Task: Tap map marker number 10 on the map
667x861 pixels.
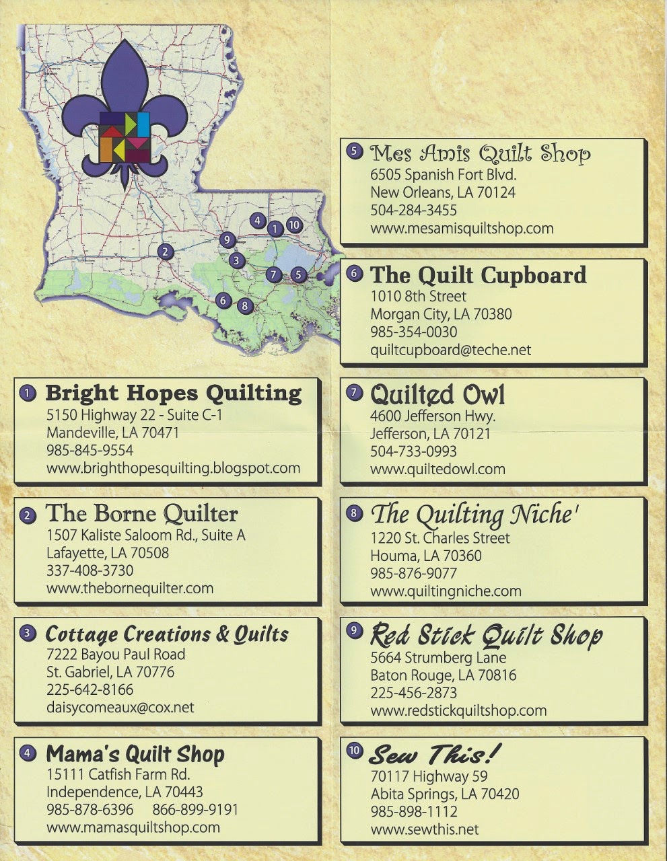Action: tap(293, 225)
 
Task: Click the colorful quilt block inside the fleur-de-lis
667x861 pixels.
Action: tap(125, 138)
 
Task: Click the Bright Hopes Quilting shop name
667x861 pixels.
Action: tap(173, 393)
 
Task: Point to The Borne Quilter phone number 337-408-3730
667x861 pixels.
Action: tap(90, 570)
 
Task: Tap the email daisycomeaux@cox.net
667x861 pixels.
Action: tap(120, 707)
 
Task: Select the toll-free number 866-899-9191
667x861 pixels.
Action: tap(195, 809)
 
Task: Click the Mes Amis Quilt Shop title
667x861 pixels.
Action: tap(480, 153)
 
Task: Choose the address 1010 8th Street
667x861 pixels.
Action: tap(418, 296)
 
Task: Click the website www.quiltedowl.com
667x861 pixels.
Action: tap(437, 469)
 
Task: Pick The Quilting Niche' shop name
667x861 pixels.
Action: tap(475, 515)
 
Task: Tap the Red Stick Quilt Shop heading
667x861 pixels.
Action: tap(486, 635)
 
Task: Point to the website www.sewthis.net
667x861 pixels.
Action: tap(424, 829)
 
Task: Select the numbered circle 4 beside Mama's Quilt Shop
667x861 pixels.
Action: tap(27, 753)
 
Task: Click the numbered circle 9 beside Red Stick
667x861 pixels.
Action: tap(354, 630)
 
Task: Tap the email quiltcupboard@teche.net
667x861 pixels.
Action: tap(450, 350)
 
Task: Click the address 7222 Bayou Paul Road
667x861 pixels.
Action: tap(115, 654)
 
